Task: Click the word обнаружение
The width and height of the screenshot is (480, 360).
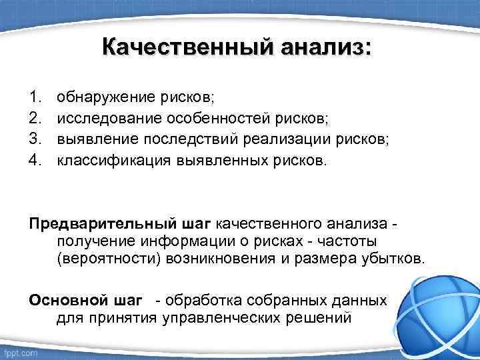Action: click(x=105, y=97)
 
